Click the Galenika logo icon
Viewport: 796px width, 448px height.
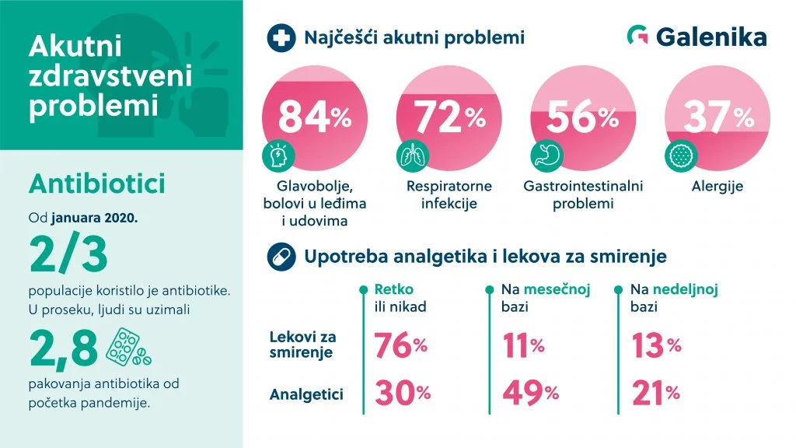637,36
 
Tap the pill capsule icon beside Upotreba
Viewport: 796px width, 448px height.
279,257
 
